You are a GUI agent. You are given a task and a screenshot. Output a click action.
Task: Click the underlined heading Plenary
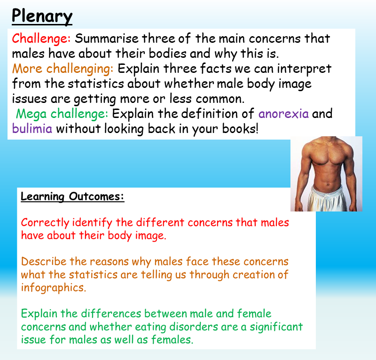42,16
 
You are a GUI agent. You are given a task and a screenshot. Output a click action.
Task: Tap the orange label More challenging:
63,69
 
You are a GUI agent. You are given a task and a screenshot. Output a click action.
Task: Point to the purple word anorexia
283,114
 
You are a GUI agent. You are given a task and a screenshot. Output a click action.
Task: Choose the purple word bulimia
32,129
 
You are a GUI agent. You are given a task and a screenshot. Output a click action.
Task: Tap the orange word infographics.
54,288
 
